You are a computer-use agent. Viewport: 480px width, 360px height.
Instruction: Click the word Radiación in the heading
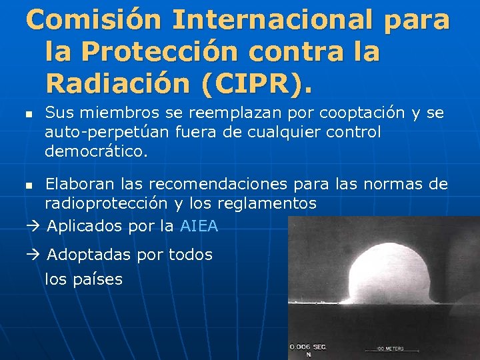coord(114,84)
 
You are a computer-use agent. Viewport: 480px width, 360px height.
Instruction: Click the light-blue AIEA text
coord(199,226)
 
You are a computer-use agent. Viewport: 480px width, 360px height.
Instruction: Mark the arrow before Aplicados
coord(33,226)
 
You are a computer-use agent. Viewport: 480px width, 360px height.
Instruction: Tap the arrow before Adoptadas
coord(33,255)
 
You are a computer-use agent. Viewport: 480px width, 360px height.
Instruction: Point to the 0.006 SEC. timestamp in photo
coord(308,347)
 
